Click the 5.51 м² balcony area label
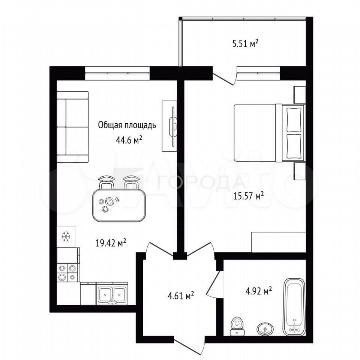point(245,43)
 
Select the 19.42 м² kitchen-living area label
point(111,243)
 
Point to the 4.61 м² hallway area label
point(181,295)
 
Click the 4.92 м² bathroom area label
point(259,291)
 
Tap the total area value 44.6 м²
point(129,139)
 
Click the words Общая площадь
point(127,125)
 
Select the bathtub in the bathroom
point(294,307)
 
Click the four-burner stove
point(68,273)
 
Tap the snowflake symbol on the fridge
point(66,237)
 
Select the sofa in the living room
point(72,127)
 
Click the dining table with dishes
point(119,205)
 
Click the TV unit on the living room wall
point(169,126)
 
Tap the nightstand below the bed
point(300,171)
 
